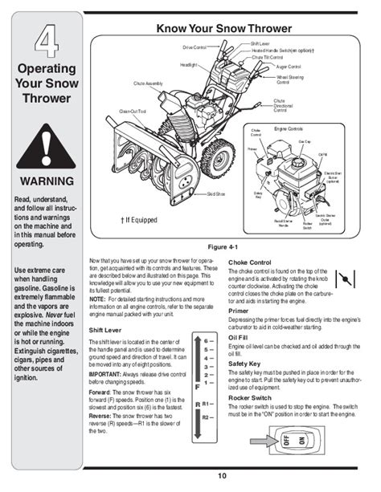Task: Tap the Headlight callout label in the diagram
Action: tap(188, 63)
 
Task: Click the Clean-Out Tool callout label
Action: tap(132, 110)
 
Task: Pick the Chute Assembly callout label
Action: tap(158, 83)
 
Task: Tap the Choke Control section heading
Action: tap(254, 262)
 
